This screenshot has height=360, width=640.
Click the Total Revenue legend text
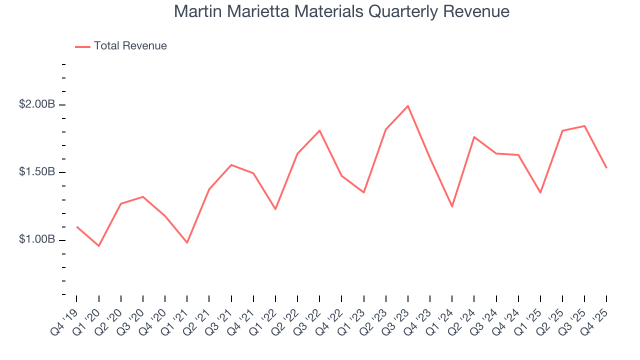[x=130, y=46]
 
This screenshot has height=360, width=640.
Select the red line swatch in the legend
[x=82, y=46]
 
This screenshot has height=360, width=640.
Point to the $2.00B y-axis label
[x=36, y=104]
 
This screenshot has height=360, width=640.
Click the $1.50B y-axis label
[x=36, y=172]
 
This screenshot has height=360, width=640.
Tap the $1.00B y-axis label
[x=36, y=239]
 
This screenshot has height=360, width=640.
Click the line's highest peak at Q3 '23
[x=408, y=106]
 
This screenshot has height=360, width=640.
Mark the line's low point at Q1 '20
[x=99, y=246]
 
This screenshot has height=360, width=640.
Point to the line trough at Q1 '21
[x=187, y=242]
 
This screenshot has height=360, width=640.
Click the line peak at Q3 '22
[x=319, y=130]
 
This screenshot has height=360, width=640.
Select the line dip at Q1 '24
[x=452, y=206]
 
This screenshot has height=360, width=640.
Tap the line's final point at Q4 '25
[x=606, y=167]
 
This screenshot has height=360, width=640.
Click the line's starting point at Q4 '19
[x=77, y=227]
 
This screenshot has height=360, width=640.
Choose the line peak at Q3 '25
[x=584, y=126]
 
